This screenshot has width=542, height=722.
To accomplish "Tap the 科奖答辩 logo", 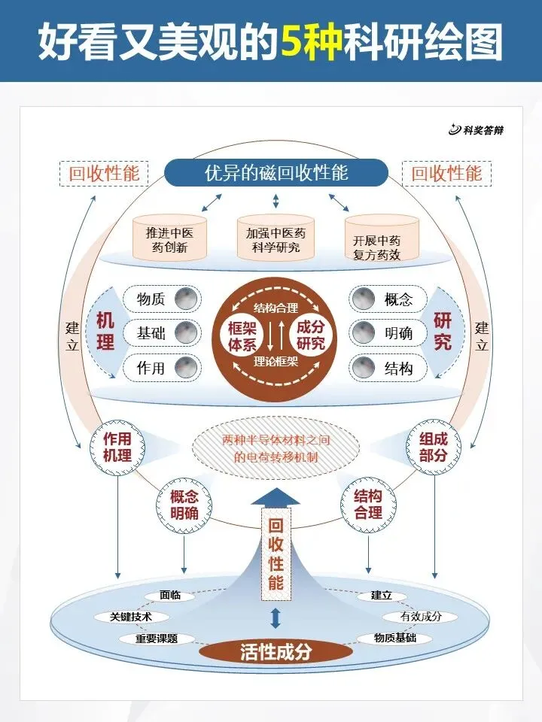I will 476,130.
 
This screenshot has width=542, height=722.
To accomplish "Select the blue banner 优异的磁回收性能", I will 276,173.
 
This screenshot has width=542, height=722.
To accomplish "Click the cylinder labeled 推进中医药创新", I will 170,238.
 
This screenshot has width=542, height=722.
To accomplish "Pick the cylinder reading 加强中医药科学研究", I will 276,238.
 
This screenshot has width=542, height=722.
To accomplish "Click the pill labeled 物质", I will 161,300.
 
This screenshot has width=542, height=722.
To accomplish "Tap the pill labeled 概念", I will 388,299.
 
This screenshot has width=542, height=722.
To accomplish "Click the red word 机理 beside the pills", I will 105,331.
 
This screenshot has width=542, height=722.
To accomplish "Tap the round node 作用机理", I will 117,447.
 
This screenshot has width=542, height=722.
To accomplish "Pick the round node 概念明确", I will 184,504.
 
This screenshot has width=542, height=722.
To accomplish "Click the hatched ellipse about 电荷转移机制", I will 276,447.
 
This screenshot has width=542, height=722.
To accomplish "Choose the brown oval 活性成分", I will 275,651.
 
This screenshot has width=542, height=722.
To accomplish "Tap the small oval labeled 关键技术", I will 131,617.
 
